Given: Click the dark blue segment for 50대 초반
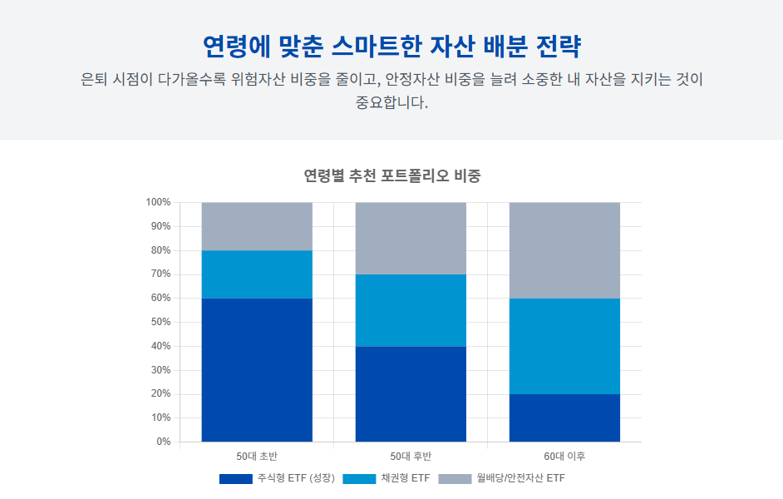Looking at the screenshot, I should pyautogui.click(x=257, y=370).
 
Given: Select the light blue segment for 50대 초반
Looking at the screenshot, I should pyautogui.click(x=257, y=274).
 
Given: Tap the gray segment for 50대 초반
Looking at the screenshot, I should pyautogui.click(x=257, y=226).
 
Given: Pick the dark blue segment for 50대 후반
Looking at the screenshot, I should pyautogui.click(x=411, y=394).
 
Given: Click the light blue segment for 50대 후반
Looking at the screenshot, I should pyautogui.click(x=411, y=310).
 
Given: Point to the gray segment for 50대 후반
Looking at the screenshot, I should pyautogui.click(x=411, y=239).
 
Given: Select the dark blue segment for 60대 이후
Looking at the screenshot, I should pyautogui.click(x=564, y=417).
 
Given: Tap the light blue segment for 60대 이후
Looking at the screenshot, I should pyautogui.click(x=564, y=346).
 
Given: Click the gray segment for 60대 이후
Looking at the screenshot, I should pyautogui.click(x=564, y=250).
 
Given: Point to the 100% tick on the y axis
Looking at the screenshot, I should pyautogui.click(x=158, y=202).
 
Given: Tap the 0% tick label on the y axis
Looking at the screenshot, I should pyautogui.click(x=163, y=442).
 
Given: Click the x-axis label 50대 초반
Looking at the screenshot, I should pyautogui.click(x=257, y=457).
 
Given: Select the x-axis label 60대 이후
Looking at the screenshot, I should pyautogui.click(x=564, y=457).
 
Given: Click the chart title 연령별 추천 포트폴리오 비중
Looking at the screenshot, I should pyautogui.click(x=391, y=176).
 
